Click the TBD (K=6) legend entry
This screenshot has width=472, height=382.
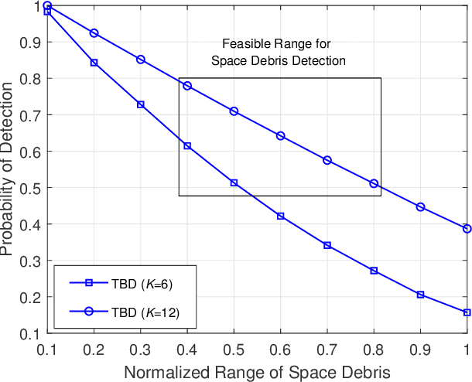tap(124, 283)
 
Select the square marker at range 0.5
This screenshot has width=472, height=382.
tap(234, 182)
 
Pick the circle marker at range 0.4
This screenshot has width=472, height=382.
tap(187, 86)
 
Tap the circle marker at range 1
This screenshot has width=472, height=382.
tap(467, 228)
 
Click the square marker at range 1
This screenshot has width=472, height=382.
tap(467, 312)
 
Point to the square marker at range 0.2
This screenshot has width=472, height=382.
tap(94, 63)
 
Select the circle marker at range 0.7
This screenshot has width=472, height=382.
tap(327, 160)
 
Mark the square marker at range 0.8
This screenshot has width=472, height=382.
tap(374, 271)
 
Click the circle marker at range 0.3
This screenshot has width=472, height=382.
tap(141, 60)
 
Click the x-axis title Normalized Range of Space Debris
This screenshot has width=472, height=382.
tap(257, 370)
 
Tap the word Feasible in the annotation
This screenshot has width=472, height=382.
tap(242, 44)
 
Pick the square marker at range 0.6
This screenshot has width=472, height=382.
tap(280, 216)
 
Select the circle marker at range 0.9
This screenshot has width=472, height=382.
tap(420, 207)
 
